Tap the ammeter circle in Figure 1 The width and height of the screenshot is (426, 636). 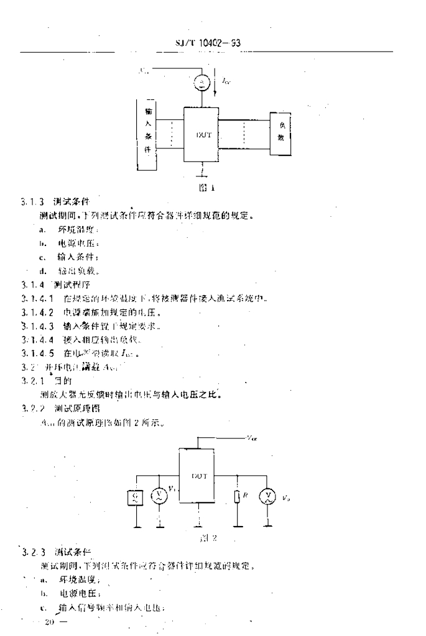(201, 81)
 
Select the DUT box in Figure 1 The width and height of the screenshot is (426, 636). (201, 134)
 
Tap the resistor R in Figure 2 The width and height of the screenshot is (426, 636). (238, 497)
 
